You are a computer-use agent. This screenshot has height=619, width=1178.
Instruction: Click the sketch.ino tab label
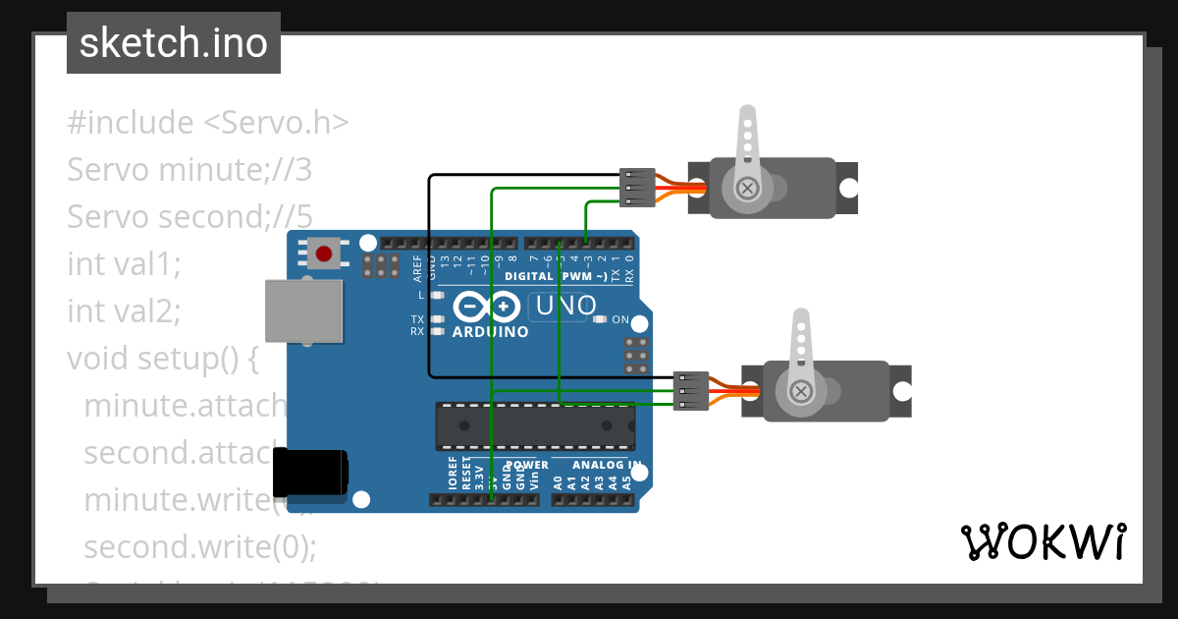pos(173,43)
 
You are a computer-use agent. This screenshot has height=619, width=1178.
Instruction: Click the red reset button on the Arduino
pos(324,253)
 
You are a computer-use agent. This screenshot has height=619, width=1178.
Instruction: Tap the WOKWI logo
pos(1043,541)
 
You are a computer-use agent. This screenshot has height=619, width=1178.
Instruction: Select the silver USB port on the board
pos(304,310)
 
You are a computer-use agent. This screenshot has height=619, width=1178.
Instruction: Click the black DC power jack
pos(309,473)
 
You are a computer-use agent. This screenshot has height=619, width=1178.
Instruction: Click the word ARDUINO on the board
pos(490,332)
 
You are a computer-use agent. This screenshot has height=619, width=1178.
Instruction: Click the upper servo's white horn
pos(747,147)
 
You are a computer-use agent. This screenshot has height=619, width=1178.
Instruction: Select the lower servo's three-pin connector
pos(692,391)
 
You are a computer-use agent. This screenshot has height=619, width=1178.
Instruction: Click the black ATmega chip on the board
pos(535,425)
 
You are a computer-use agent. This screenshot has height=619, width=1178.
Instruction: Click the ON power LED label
pos(620,320)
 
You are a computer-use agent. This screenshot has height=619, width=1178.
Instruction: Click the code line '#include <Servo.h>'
pos(207,123)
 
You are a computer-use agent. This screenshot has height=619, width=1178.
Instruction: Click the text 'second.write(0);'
pos(200,546)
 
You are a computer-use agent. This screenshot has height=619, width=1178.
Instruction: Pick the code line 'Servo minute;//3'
pos(189,170)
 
